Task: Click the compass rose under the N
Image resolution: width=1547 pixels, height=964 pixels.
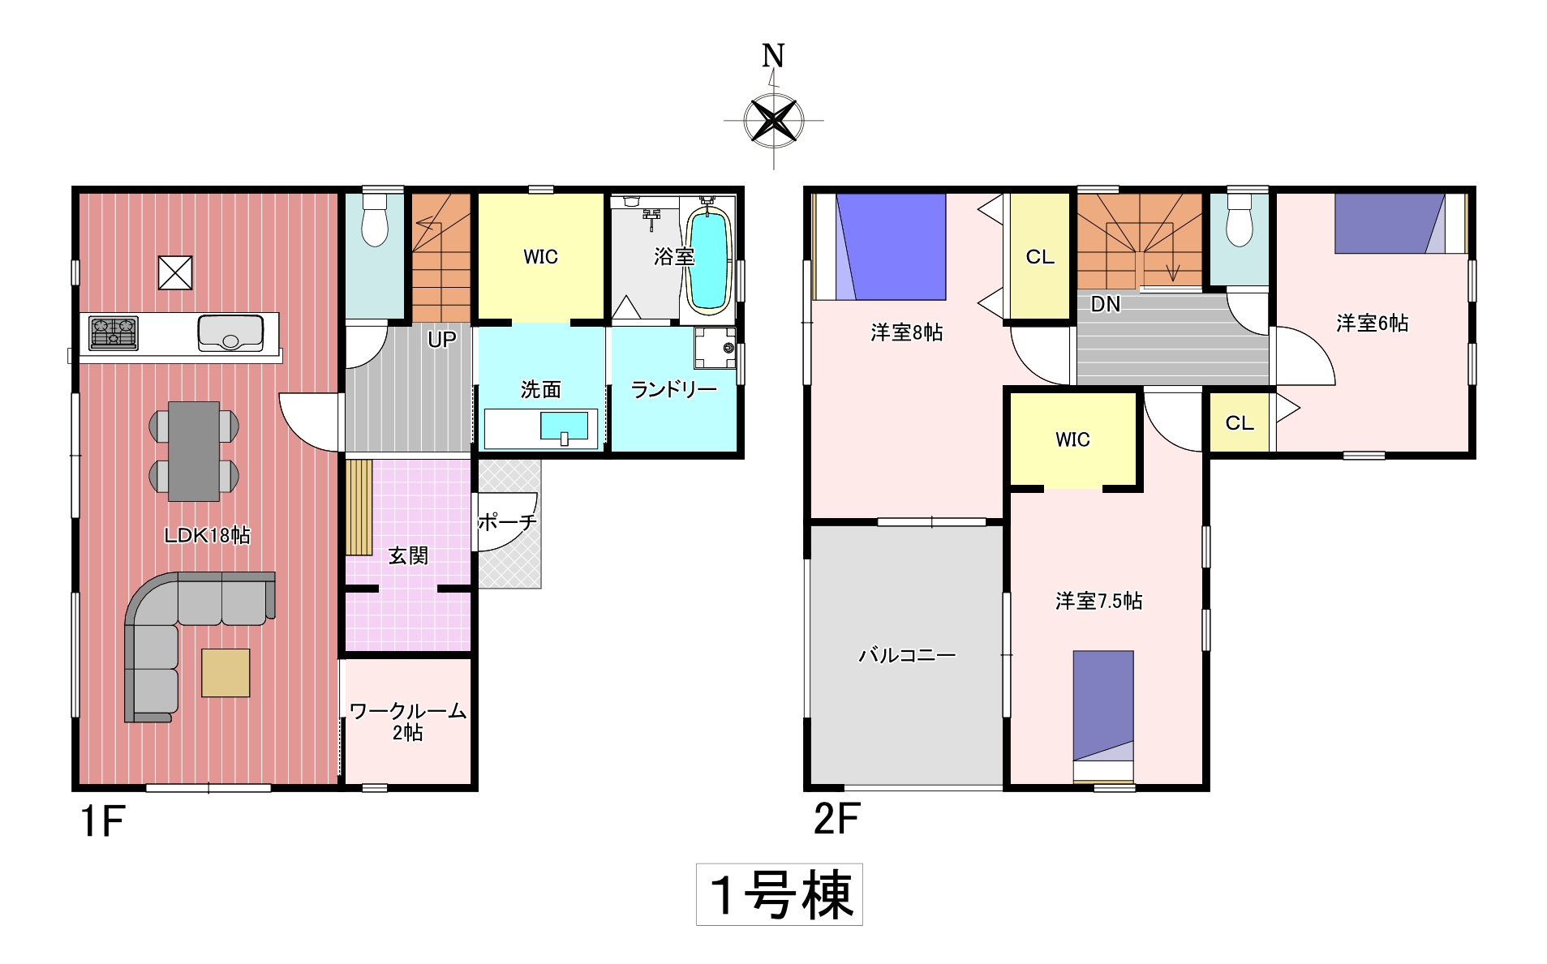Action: tap(773, 121)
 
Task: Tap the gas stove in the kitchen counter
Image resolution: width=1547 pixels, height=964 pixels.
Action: tap(114, 333)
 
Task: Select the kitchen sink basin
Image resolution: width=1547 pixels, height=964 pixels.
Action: tap(230, 333)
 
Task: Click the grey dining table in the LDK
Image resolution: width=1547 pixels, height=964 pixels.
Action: tap(194, 451)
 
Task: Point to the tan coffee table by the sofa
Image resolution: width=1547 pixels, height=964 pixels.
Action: tap(226, 672)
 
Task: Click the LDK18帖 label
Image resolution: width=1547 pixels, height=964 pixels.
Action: tap(207, 535)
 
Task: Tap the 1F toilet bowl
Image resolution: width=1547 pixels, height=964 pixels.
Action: tap(375, 221)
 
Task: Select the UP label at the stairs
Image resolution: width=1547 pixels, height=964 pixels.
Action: tap(442, 340)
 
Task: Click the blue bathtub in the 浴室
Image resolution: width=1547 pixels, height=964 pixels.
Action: tap(709, 261)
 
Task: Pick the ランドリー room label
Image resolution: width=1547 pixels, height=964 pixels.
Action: tap(673, 390)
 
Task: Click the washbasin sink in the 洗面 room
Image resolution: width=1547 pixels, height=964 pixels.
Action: tap(564, 426)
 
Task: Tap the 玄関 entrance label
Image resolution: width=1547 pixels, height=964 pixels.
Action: tap(408, 555)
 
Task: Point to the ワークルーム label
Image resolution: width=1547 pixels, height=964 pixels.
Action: tap(407, 711)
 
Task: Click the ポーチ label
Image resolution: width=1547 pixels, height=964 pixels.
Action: tap(507, 522)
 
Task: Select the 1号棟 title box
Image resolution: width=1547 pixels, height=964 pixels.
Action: tap(780, 894)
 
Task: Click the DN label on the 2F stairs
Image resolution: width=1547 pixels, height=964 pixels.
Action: tap(1106, 304)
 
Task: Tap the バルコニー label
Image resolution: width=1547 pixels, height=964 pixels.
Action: tap(907, 654)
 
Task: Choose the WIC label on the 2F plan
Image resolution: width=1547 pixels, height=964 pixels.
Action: tap(1072, 439)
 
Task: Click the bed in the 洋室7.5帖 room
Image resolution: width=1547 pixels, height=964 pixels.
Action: tap(1103, 716)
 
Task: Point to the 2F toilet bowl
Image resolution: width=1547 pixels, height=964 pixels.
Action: tap(1240, 221)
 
